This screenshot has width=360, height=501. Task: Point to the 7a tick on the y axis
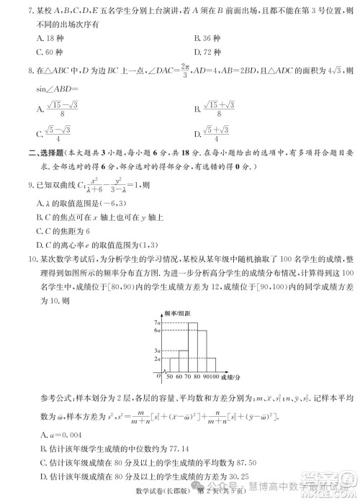click(156, 322)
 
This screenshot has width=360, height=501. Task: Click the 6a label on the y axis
click(156, 330)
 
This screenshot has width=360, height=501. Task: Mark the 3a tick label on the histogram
click(156, 350)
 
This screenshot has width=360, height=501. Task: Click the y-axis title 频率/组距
click(176, 314)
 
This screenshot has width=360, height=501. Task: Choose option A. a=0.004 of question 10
click(62, 433)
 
